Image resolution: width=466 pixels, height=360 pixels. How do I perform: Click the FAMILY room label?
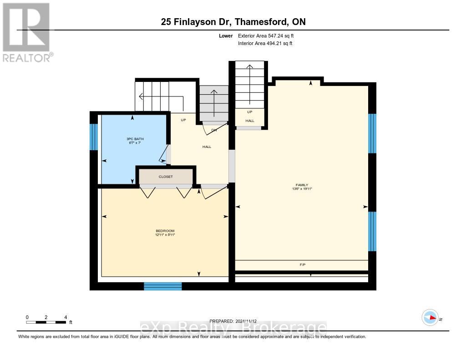pos(301,185)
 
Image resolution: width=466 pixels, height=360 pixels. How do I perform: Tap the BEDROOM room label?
pos(165,231)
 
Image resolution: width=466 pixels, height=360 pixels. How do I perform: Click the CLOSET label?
pos(166,177)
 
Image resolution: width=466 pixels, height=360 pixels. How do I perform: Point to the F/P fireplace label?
pos(302,264)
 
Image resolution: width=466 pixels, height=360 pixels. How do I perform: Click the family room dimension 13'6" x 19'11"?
pos(301,189)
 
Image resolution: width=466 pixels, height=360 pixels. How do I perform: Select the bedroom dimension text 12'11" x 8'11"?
pos(165,235)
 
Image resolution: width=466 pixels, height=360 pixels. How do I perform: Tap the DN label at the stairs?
pos(214,130)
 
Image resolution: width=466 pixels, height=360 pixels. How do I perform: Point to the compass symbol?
pos(430,317)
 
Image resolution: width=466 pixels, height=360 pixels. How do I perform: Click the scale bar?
pos(46,322)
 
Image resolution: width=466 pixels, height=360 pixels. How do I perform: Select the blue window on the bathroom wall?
pos(94,137)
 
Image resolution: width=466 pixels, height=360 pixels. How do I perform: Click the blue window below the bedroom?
pos(163,286)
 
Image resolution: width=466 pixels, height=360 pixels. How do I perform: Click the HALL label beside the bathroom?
pos(207,147)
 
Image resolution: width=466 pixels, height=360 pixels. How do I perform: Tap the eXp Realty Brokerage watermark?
pos(233,328)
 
